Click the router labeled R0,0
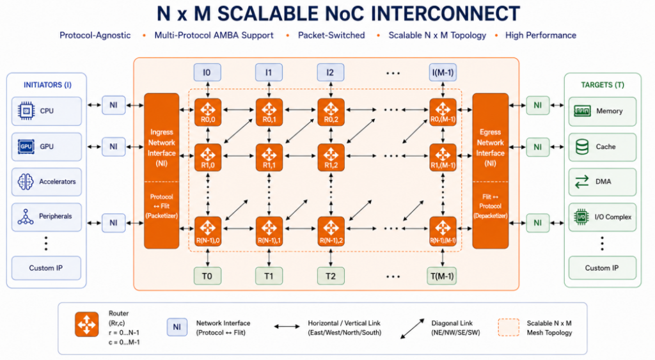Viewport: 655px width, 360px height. (208, 112)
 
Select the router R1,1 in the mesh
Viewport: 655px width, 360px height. (269, 157)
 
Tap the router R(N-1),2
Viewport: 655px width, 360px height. (331, 231)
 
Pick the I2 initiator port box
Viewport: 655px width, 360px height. (331, 72)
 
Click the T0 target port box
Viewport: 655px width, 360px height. (208, 276)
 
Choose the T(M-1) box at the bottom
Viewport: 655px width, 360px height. (442, 276)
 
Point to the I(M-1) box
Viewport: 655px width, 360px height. (443, 72)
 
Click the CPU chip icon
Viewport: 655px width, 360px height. (26, 111)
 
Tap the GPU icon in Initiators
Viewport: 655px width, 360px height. (26, 146)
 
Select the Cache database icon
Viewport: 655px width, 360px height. (582, 146)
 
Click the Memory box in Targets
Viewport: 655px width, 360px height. (603, 111)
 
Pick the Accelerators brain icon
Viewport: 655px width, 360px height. (26, 182)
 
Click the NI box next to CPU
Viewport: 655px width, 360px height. (114, 106)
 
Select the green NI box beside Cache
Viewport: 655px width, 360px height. (537, 147)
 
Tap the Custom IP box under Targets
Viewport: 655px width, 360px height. (602, 268)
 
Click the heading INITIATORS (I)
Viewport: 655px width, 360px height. (47, 85)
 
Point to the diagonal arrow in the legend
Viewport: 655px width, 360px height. (413, 329)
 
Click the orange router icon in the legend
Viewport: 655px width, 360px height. (87, 324)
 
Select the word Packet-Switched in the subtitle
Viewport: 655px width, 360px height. (331, 36)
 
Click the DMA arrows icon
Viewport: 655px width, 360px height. (581, 182)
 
